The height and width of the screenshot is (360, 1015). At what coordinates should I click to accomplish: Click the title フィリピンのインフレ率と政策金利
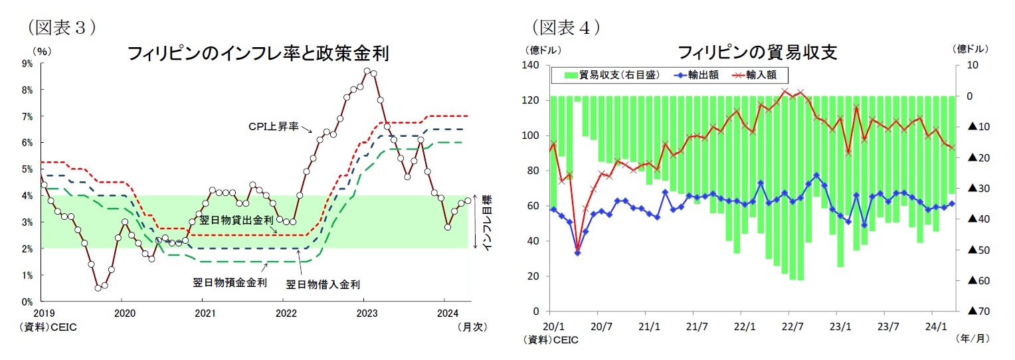258,53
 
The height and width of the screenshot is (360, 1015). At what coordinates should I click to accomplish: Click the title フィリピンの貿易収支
756,52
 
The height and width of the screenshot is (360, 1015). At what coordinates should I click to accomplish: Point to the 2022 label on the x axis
285,312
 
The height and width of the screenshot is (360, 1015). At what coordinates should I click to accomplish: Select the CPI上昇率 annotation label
274,126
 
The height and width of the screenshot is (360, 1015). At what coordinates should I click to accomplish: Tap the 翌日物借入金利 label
323,284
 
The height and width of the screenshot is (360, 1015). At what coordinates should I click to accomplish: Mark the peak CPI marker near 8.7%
367,70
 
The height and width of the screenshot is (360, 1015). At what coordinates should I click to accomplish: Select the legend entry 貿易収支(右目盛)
611,75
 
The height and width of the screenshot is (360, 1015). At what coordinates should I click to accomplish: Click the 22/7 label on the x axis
791,327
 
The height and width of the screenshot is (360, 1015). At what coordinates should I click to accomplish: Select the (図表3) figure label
60,27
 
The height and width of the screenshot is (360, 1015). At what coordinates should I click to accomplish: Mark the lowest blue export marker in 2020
577,253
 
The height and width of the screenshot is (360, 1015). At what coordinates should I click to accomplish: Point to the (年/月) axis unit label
971,339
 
